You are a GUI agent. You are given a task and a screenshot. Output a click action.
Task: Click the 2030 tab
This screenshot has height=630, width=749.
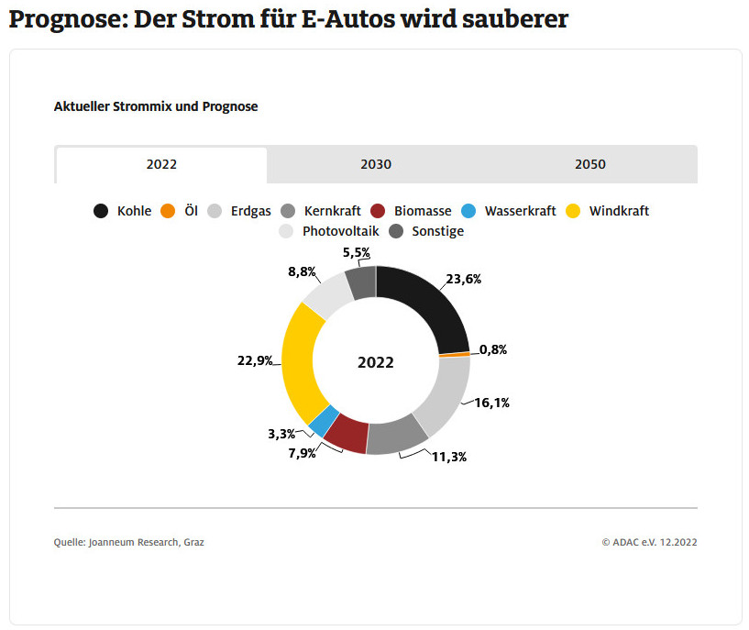coord(376,165)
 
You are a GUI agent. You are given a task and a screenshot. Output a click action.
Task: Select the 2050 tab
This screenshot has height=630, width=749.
coord(590,165)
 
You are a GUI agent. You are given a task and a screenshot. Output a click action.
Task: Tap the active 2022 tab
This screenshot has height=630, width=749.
coord(161,165)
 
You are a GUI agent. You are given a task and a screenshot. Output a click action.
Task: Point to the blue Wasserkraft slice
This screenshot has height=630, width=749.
coord(321,421)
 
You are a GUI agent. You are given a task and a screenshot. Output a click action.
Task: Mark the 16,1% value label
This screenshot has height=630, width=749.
coord(492,402)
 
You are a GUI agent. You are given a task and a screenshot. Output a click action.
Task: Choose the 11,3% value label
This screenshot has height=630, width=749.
coord(449,456)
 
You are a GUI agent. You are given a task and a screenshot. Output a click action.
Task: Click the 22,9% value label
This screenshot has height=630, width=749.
coord(256,360)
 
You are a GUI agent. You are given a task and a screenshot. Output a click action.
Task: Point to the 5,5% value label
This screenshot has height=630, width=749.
coord(357,251)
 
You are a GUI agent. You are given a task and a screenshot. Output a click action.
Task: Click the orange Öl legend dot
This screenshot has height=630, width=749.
coord(168,211)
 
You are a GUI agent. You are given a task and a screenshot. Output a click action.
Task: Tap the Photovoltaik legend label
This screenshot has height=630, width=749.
coord(340,231)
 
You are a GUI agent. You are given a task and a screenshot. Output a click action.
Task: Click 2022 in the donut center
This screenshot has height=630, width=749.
coord(376,362)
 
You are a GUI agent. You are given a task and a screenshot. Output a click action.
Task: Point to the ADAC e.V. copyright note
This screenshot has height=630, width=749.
coord(649,542)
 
